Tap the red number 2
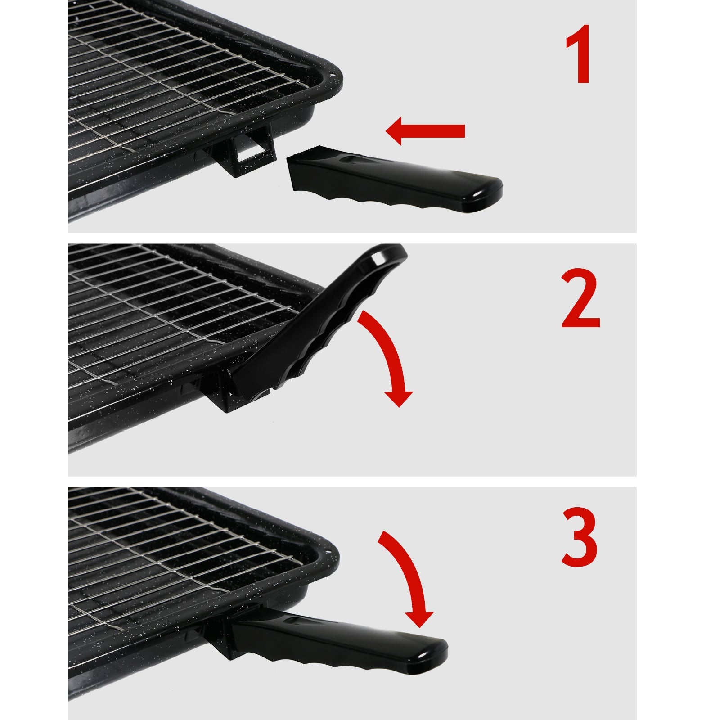[x=580, y=299]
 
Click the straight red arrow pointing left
[x=425, y=131]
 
